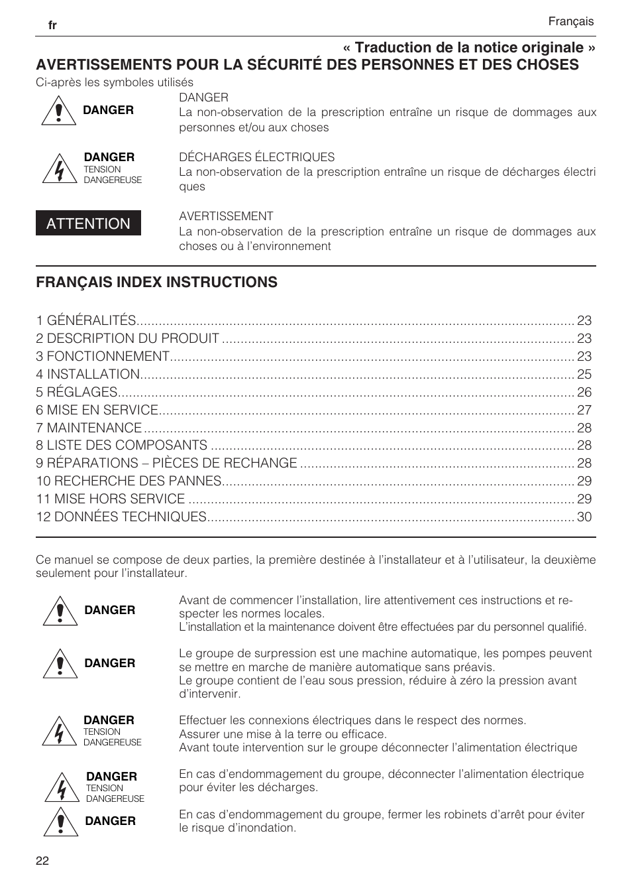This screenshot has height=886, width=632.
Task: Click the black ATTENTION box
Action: coord(88,223)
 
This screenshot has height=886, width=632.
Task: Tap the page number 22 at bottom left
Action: coord(42,861)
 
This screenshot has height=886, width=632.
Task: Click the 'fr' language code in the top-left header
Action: coord(52,25)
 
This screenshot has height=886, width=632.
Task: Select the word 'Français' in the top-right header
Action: coord(570,21)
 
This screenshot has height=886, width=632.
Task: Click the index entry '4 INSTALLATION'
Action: coord(88,374)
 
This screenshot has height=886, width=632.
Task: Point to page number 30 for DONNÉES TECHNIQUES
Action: coord(584,517)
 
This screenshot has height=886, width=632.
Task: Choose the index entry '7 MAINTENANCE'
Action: coord(89,428)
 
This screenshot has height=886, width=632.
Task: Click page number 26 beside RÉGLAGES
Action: coord(584,392)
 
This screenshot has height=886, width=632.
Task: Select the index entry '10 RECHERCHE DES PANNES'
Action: coord(129,481)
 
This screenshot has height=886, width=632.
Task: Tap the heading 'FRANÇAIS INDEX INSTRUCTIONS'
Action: coord(156,282)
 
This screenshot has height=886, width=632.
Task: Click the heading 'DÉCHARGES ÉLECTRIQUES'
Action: coord(256,157)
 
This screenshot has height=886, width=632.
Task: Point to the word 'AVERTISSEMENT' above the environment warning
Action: coord(226,216)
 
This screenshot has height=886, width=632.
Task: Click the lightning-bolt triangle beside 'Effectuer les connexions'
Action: coord(60,732)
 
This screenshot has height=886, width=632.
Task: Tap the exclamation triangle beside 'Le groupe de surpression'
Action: coord(60,664)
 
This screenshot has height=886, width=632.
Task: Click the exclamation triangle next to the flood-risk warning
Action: coord(61,822)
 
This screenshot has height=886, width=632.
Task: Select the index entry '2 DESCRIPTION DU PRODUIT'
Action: coord(127,338)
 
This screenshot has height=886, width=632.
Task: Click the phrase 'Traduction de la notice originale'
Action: coord(469,47)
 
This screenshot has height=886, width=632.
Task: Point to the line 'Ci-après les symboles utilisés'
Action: coord(115,82)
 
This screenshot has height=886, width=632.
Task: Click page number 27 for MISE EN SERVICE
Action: coord(584,410)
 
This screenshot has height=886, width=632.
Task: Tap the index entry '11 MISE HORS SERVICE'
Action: coord(111,499)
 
